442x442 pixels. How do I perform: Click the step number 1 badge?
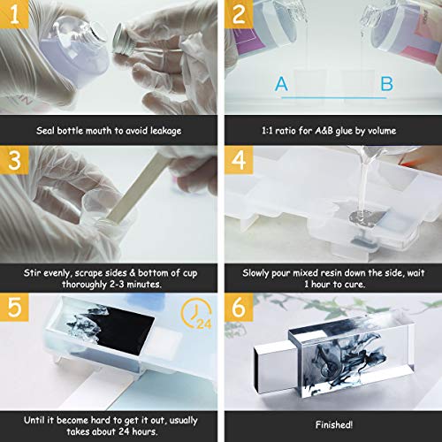click(14, 14)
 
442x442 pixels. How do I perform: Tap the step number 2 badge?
click(239, 14)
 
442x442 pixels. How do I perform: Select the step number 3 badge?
click(14, 160)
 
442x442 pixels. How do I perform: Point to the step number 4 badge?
click(239, 160)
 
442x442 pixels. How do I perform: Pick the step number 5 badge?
click(14, 307)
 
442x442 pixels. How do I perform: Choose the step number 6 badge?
click(239, 307)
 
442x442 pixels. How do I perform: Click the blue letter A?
click(281, 84)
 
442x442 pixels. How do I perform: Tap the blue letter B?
click(386, 84)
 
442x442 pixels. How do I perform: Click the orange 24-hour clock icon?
click(196, 313)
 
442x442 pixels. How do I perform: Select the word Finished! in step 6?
click(334, 424)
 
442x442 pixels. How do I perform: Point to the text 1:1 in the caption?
click(267, 131)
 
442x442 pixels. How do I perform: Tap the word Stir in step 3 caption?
click(31, 273)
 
